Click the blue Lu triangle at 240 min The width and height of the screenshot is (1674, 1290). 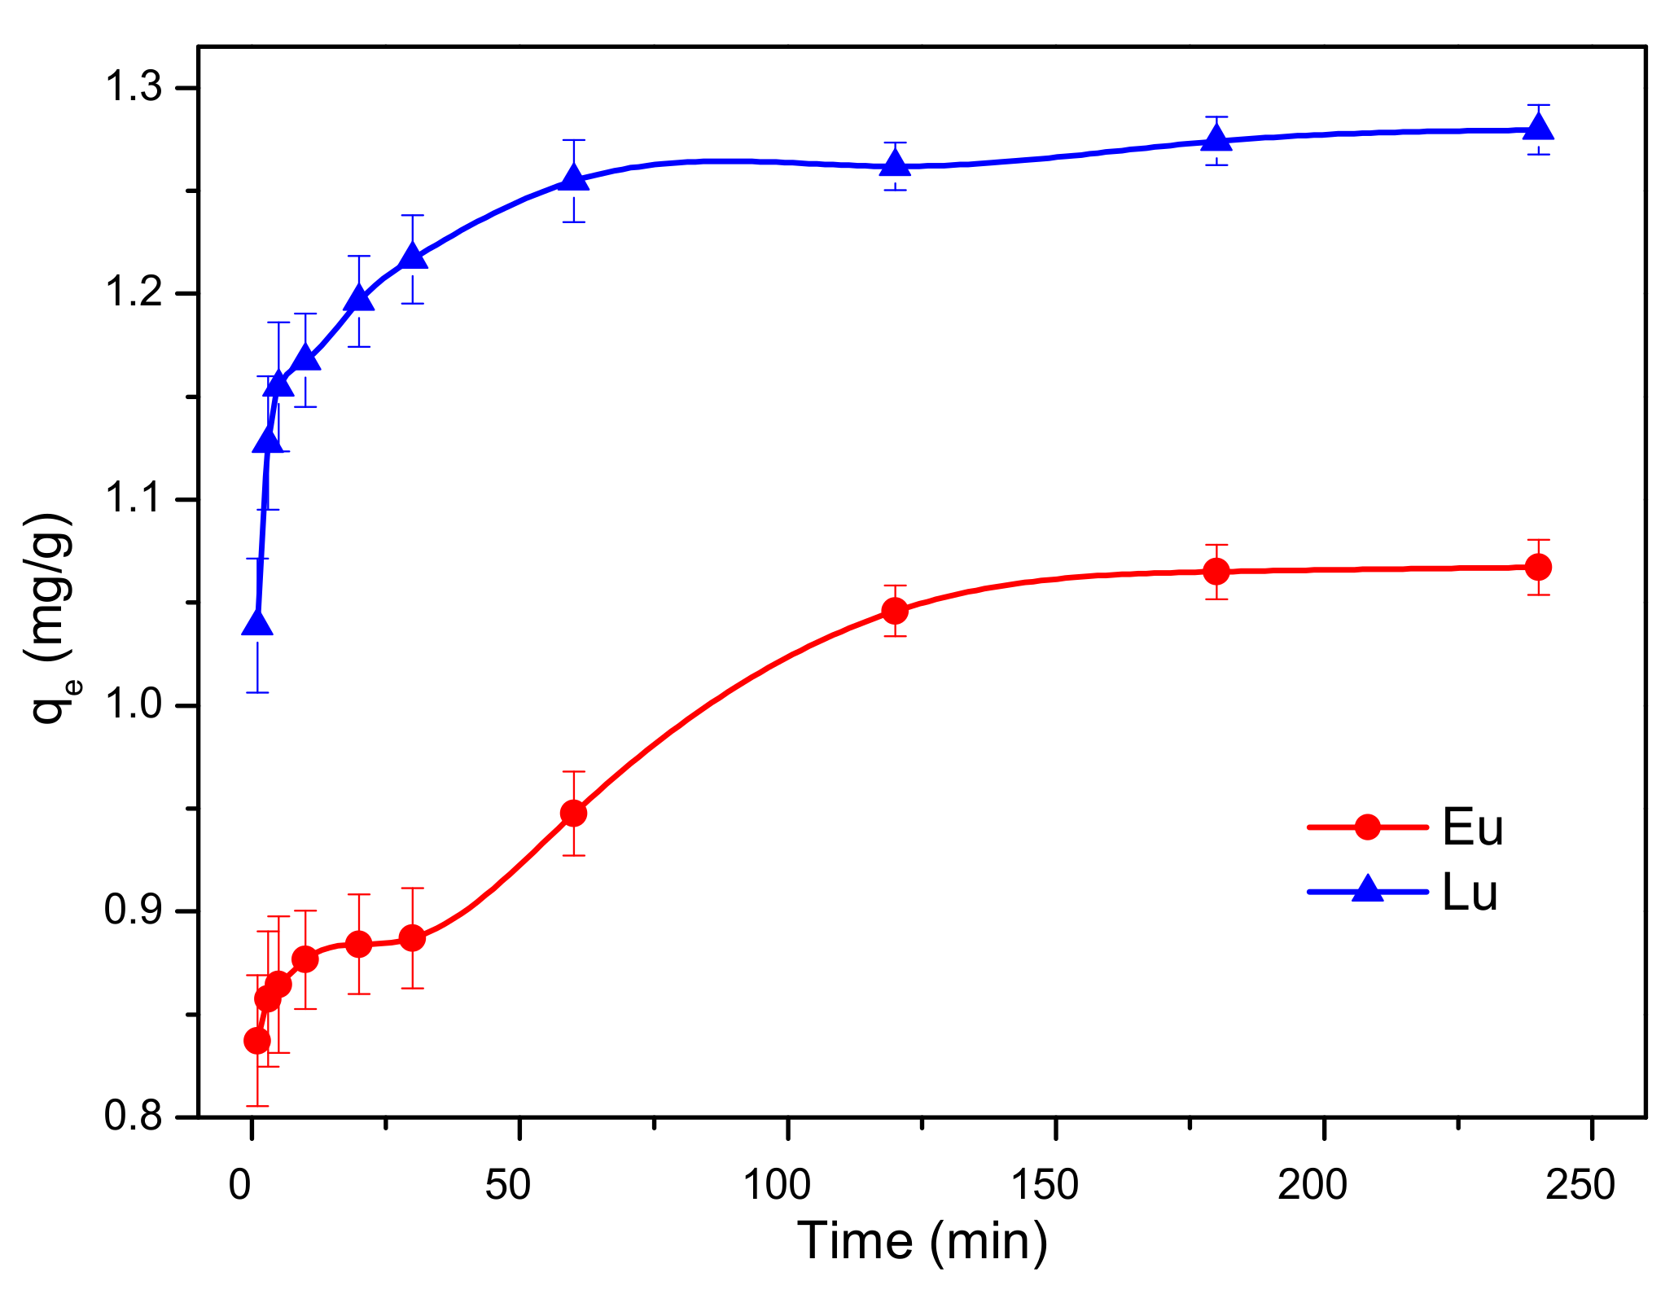click(x=1538, y=128)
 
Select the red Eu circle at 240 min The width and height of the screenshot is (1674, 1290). click(x=1538, y=567)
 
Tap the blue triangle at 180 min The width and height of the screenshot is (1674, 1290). click(x=1216, y=139)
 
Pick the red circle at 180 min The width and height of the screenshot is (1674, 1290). click(x=1216, y=572)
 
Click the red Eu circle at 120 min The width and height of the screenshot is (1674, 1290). click(x=895, y=611)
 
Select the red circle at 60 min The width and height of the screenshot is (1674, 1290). click(x=574, y=813)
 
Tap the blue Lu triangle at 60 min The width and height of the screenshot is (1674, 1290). click(x=574, y=179)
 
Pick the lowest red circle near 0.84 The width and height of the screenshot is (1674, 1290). click(x=257, y=1041)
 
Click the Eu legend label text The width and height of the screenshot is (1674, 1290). click(x=1471, y=828)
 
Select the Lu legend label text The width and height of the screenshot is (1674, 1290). click(x=1470, y=893)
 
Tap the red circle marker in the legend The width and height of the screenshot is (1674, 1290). click(x=1368, y=827)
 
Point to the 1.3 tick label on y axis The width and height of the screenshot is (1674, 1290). click(x=135, y=88)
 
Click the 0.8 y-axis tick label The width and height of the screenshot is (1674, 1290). click(x=135, y=1116)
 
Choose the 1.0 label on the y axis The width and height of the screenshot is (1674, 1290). click(x=135, y=705)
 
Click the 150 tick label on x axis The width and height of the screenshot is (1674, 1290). click(x=1044, y=1185)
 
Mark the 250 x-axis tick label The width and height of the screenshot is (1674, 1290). click(x=1580, y=1185)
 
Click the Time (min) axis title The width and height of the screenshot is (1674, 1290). click(x=922, y=1241)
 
